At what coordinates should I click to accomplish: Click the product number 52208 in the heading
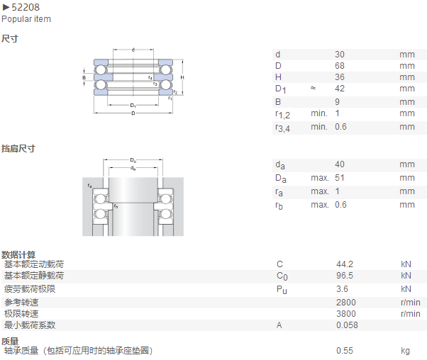(26, 7)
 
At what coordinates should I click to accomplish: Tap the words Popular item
(26, 19)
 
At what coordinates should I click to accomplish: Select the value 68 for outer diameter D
(340, 66)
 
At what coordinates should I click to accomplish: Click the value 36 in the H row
(340, 77)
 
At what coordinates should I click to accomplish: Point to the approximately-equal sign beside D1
(314, 88)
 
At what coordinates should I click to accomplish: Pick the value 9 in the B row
(337, 102)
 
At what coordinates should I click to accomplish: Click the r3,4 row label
(282, 128)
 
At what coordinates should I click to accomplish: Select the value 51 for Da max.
(340, 178)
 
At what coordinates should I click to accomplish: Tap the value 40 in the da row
(340, 164)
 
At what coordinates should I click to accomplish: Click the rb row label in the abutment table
(279, 206)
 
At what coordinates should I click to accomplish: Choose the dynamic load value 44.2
(345, 264)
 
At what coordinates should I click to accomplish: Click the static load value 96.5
(345, 276)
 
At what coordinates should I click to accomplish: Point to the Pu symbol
(282, 290)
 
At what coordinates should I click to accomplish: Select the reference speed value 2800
(346, 303)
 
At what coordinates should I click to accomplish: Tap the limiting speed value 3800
(346, 314)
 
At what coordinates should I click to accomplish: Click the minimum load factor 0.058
(347, 325)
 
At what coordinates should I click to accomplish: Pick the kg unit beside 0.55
(405, 351)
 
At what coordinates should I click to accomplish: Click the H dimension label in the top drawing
(182, 77)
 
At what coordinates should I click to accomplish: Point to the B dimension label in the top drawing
(84, 77)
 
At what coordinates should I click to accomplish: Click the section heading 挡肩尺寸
(18, 149)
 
